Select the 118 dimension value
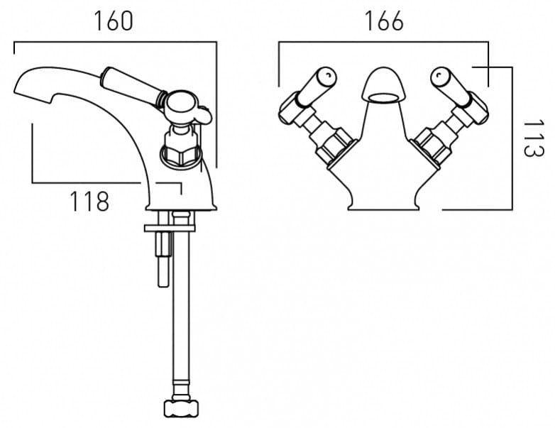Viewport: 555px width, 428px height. [89, 202]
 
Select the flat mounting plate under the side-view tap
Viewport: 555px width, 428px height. [170, 227]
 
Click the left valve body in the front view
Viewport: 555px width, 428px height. [332, 142]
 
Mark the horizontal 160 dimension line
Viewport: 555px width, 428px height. [114, 43]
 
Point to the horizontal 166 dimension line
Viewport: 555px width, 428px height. [383, 43]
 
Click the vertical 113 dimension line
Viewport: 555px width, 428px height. [511, 138]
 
